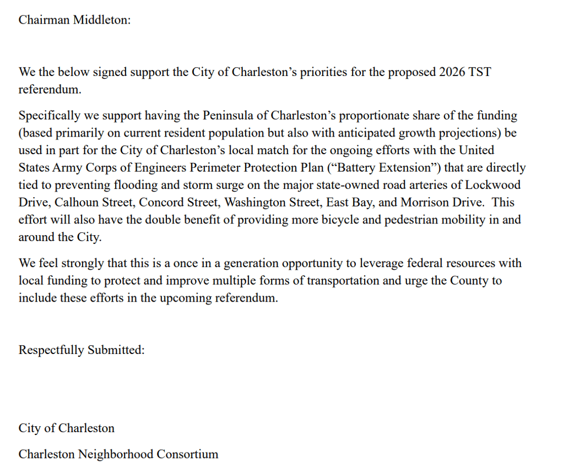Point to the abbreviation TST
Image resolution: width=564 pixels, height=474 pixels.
point(480,73)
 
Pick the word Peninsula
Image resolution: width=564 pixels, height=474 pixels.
point(227,116)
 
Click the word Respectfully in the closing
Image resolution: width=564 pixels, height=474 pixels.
point(51,351)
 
